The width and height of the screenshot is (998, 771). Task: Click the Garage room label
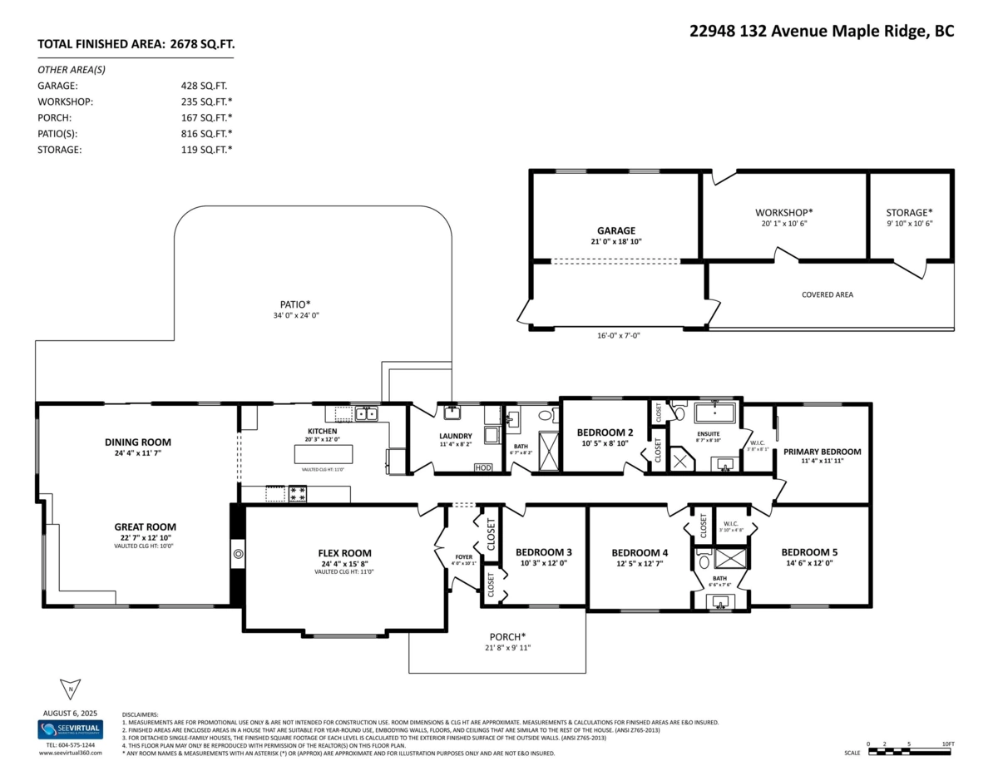[x=615, y=230]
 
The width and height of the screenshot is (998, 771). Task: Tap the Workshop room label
[x=784, y=212]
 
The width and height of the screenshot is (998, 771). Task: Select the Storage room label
[x=909, y=212]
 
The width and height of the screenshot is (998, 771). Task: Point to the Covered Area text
[x=827, y=294]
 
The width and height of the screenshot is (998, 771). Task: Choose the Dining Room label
[x=137, y=442]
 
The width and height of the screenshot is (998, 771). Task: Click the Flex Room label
[x=344, y=553]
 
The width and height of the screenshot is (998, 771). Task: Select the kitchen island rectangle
[x=324, y=454]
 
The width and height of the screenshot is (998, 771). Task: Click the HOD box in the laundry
[x=483, y=468]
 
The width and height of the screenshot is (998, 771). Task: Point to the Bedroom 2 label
[x=605, y=432]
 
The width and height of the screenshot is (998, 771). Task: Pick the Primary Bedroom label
[x=822, y=452]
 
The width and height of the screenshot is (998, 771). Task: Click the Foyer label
[x=463, y=557]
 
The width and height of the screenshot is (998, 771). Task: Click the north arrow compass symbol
[x=70, y=689]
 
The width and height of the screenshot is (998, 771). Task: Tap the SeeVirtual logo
[x=70, y=729]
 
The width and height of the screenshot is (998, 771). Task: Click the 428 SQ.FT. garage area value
[x=204, y=86]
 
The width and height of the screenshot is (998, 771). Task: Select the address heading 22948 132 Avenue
[x=822, y=31]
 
